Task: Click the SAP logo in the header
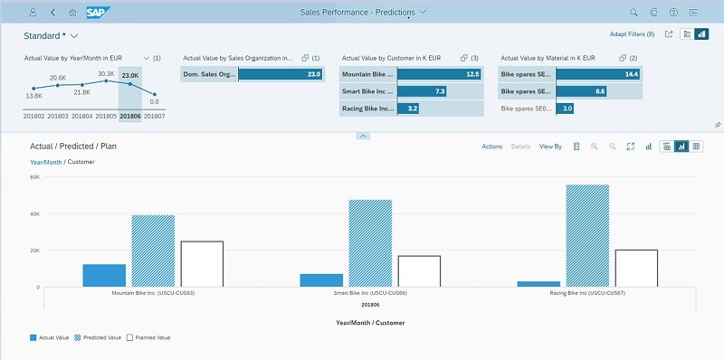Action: click(98, 13)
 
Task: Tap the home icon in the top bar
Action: click(72, 13)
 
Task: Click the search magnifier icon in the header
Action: click(634, 13)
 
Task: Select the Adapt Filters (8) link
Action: click(632, 34)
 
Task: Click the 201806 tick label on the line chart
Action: click(130, 117)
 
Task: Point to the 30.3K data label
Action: click(106, 74)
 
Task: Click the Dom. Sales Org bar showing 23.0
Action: click(281, 74)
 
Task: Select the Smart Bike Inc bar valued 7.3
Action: click(422, 91)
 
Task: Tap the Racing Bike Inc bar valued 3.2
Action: click(408, 109)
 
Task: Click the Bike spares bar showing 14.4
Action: click(598, 74)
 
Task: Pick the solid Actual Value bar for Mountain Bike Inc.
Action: click(104, 276)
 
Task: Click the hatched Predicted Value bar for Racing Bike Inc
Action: click(587, 236)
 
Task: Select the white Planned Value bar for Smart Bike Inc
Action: click(419, 271)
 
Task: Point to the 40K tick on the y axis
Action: click(35, 214)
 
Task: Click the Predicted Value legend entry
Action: click(98, 338)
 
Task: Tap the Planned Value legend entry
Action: click(148, 338)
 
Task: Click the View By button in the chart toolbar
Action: click(550, 147)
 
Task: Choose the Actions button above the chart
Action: click(491, 147)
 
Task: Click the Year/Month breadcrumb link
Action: click(46, 162)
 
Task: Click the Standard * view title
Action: click(44, 35)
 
